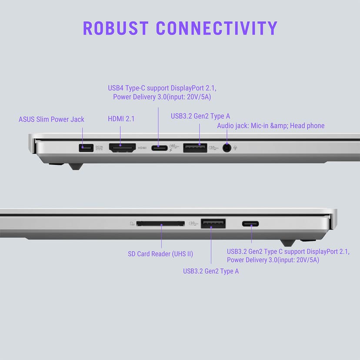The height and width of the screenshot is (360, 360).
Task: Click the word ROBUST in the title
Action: click(x=116, y=28)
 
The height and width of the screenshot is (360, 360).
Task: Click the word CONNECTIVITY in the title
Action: click(x=217, y=28)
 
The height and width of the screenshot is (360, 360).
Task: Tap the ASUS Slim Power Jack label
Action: click(x=51, y=120)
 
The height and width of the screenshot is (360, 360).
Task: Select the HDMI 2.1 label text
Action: click(x=121, y=119)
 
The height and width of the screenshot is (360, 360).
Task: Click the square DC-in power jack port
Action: click(x=86, y=148)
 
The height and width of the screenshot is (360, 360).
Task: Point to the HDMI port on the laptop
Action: click(x=122, y=148)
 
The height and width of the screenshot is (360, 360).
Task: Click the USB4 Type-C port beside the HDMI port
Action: click(x=159, y=148)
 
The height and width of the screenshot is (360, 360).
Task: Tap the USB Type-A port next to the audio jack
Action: click(x=195, y=148)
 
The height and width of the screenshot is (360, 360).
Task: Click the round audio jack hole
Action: click(x=227, y=148)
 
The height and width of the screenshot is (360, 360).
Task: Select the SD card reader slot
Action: click(x=160, y=223)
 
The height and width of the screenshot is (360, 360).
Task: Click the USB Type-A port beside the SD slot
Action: click(x=213, y=223)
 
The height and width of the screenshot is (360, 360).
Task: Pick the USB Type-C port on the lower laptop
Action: click(x=250, y=223)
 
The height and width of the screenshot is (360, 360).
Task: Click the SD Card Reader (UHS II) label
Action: click(x=160, y=254)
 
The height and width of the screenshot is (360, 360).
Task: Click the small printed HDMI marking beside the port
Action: click(x=142, y=148)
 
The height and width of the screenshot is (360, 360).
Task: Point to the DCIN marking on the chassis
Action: click(x=99, y=147)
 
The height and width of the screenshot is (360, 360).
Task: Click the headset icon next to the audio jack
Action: click(x=235, y=148)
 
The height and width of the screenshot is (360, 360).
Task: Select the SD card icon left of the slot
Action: click(x=132, y=223)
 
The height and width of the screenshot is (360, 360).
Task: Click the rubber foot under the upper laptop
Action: click(x=76, y=166)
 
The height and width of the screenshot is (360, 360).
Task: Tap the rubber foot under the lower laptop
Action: click(x=288, y=243)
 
